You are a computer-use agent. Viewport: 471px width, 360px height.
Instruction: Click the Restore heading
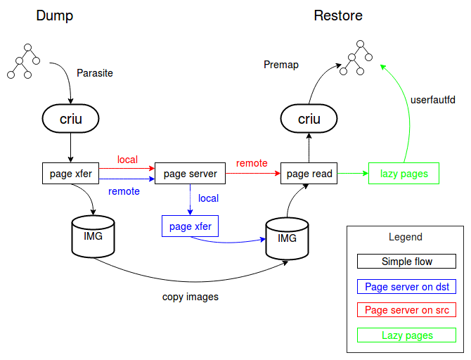338,15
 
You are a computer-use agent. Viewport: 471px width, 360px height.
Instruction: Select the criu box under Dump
70,119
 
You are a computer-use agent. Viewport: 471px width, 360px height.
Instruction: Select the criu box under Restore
309,119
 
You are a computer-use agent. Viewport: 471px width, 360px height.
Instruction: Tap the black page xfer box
70,173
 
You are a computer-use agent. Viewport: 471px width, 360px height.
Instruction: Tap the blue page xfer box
190,226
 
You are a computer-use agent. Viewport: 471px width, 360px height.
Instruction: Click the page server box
190,173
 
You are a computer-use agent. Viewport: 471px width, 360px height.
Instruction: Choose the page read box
309,173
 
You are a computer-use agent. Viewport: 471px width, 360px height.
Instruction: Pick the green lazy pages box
404,173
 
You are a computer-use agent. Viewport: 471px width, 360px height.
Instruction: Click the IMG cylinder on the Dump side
93,238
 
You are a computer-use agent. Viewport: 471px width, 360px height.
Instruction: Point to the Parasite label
94,72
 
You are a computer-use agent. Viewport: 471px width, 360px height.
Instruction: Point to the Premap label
280,65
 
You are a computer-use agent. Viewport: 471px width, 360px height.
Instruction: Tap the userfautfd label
432,100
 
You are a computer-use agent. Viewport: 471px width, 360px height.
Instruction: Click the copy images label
190,297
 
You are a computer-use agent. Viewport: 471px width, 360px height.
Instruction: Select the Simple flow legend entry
407,262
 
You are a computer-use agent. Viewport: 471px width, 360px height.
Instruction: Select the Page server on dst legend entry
407,286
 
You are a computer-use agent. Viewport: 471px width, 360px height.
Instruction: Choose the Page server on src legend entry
407,310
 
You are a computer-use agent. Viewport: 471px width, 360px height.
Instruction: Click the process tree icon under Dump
24,60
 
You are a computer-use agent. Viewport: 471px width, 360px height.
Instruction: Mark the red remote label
252,163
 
